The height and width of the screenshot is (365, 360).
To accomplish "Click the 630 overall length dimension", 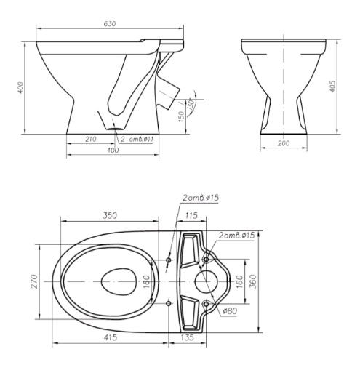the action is (110, 24).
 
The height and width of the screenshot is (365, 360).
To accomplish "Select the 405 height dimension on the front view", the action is (332, 87).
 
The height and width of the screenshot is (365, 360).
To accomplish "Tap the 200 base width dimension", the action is (284, 143).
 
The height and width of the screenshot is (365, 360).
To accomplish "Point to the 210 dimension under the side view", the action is (91, 139).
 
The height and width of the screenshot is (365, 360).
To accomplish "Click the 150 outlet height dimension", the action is (181, 116).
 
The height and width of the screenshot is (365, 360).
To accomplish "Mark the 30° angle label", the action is (191, 104).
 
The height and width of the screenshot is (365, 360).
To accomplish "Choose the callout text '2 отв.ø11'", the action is (137, 139).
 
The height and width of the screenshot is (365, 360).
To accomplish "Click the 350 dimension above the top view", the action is (110, 215).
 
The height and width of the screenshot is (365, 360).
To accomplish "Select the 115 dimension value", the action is (191, 215).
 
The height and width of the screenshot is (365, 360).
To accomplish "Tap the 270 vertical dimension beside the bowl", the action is (34, 281).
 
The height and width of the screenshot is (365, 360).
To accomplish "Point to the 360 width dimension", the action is (253, 281).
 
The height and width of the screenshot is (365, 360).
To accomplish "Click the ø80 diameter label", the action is (230, 310).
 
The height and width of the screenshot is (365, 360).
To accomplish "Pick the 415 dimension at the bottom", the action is (110, 337).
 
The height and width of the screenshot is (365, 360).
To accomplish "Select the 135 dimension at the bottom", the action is (187, 337).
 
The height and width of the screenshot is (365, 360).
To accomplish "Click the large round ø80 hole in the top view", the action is (206, 281).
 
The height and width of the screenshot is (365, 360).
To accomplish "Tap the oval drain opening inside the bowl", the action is (118, 281).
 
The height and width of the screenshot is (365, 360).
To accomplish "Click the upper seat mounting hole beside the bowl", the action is (169, 260).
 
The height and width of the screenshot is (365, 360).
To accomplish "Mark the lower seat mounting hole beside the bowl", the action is (169, 303).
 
